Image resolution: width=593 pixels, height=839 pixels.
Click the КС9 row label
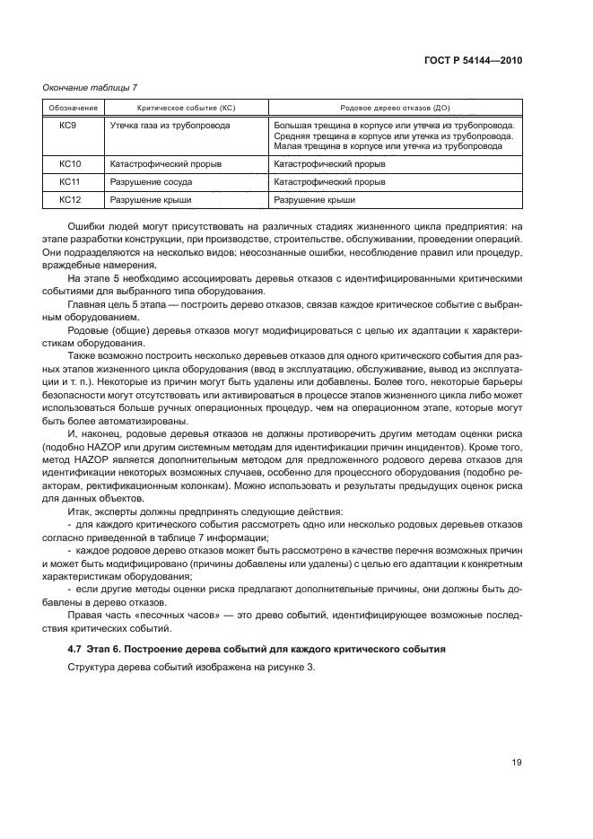coord(68,126)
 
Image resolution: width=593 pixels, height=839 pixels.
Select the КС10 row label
coord(70,165)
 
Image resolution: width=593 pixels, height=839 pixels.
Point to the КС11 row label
coord(70,182)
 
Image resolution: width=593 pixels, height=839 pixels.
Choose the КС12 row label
coord(70,200)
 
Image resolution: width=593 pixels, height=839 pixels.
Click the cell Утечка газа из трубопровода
coord(170,126)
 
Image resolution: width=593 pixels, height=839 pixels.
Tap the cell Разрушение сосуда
coord(151,182)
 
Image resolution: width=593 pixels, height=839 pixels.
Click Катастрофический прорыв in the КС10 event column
coord(166,165)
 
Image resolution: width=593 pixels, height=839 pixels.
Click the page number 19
coord(517,763)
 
